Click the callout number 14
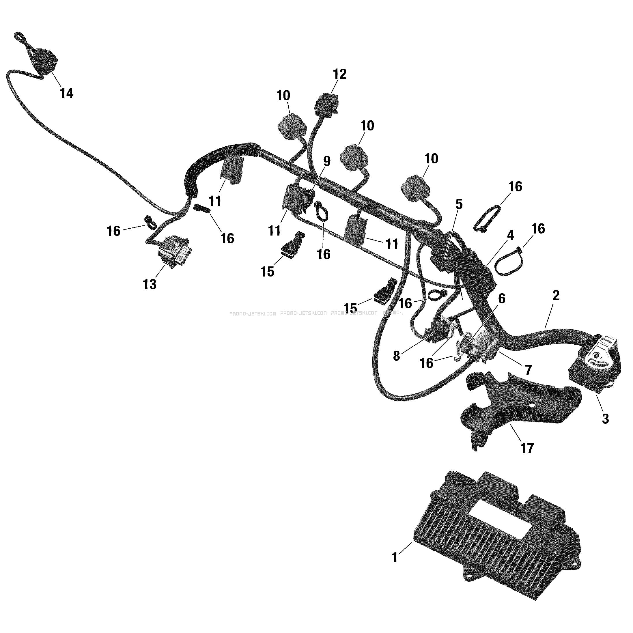66,94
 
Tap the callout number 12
340,74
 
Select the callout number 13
150,284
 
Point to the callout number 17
527,448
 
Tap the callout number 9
327,161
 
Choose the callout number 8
396,356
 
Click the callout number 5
459,204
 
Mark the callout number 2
556,296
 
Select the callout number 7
528,370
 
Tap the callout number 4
510,235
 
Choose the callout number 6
502,298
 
